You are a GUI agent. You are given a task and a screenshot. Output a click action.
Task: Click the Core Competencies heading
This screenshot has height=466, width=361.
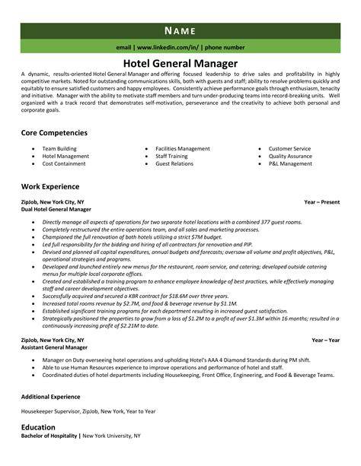[54, 132]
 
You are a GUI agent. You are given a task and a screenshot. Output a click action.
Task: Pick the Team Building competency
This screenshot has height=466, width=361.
[58, 148]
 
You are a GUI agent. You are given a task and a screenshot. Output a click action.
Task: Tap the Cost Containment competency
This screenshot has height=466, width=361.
[63, 163]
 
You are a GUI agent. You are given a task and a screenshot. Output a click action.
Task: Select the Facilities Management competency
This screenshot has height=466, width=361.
[182, 148]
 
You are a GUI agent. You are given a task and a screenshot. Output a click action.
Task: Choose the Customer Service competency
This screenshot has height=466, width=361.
[289, 148]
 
